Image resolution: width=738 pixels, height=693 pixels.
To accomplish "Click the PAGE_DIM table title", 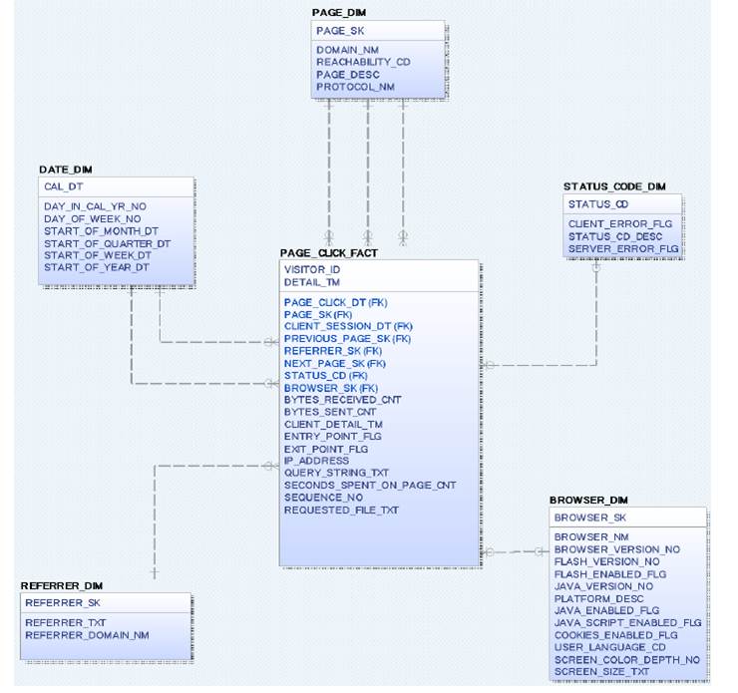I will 340,11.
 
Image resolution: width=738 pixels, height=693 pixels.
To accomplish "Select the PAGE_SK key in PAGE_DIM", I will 340,31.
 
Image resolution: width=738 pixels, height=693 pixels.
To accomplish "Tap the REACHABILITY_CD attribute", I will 363,62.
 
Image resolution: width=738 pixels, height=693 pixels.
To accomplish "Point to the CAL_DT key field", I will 65,186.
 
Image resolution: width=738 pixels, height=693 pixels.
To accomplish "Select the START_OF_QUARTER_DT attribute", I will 107,243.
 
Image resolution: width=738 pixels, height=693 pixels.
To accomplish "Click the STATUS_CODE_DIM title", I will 614,186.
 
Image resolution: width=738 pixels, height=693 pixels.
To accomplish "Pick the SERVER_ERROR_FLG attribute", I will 622,248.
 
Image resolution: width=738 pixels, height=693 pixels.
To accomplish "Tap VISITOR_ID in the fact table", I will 312,270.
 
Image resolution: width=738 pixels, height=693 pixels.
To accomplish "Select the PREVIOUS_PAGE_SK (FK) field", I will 347,339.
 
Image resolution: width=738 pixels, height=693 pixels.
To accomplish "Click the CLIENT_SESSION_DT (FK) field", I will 347,326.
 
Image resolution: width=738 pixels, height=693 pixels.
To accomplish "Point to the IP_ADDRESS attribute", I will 316,461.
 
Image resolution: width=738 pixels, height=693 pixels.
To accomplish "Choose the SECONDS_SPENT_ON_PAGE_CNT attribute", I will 369,486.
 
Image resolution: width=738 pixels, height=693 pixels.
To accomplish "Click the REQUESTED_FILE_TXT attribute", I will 341,510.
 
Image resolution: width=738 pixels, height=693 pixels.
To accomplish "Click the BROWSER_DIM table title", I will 588,500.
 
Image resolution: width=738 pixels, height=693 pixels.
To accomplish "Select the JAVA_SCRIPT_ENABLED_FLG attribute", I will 627,622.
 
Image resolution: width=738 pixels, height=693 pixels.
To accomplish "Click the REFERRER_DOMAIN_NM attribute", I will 87,634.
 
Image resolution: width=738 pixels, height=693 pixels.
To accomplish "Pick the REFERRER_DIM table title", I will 62,585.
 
